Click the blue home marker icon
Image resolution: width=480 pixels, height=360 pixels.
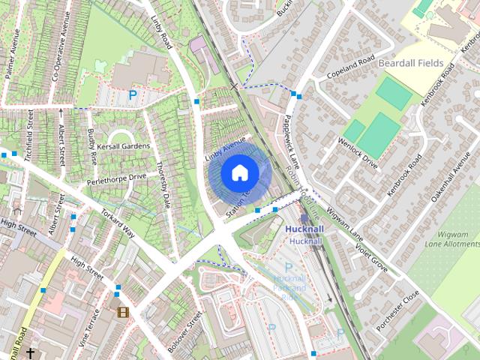click(x=239, y=172)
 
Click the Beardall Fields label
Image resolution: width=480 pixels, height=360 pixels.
click(x=411, y=63)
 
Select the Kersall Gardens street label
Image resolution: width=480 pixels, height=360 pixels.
click(x=118, y=146)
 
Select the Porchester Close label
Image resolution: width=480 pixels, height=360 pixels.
click(x=399, y=307)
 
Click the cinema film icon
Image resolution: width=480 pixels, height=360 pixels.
click(x=122, y=312)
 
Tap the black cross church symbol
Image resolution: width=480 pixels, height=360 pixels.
click(x=31, y=352)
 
